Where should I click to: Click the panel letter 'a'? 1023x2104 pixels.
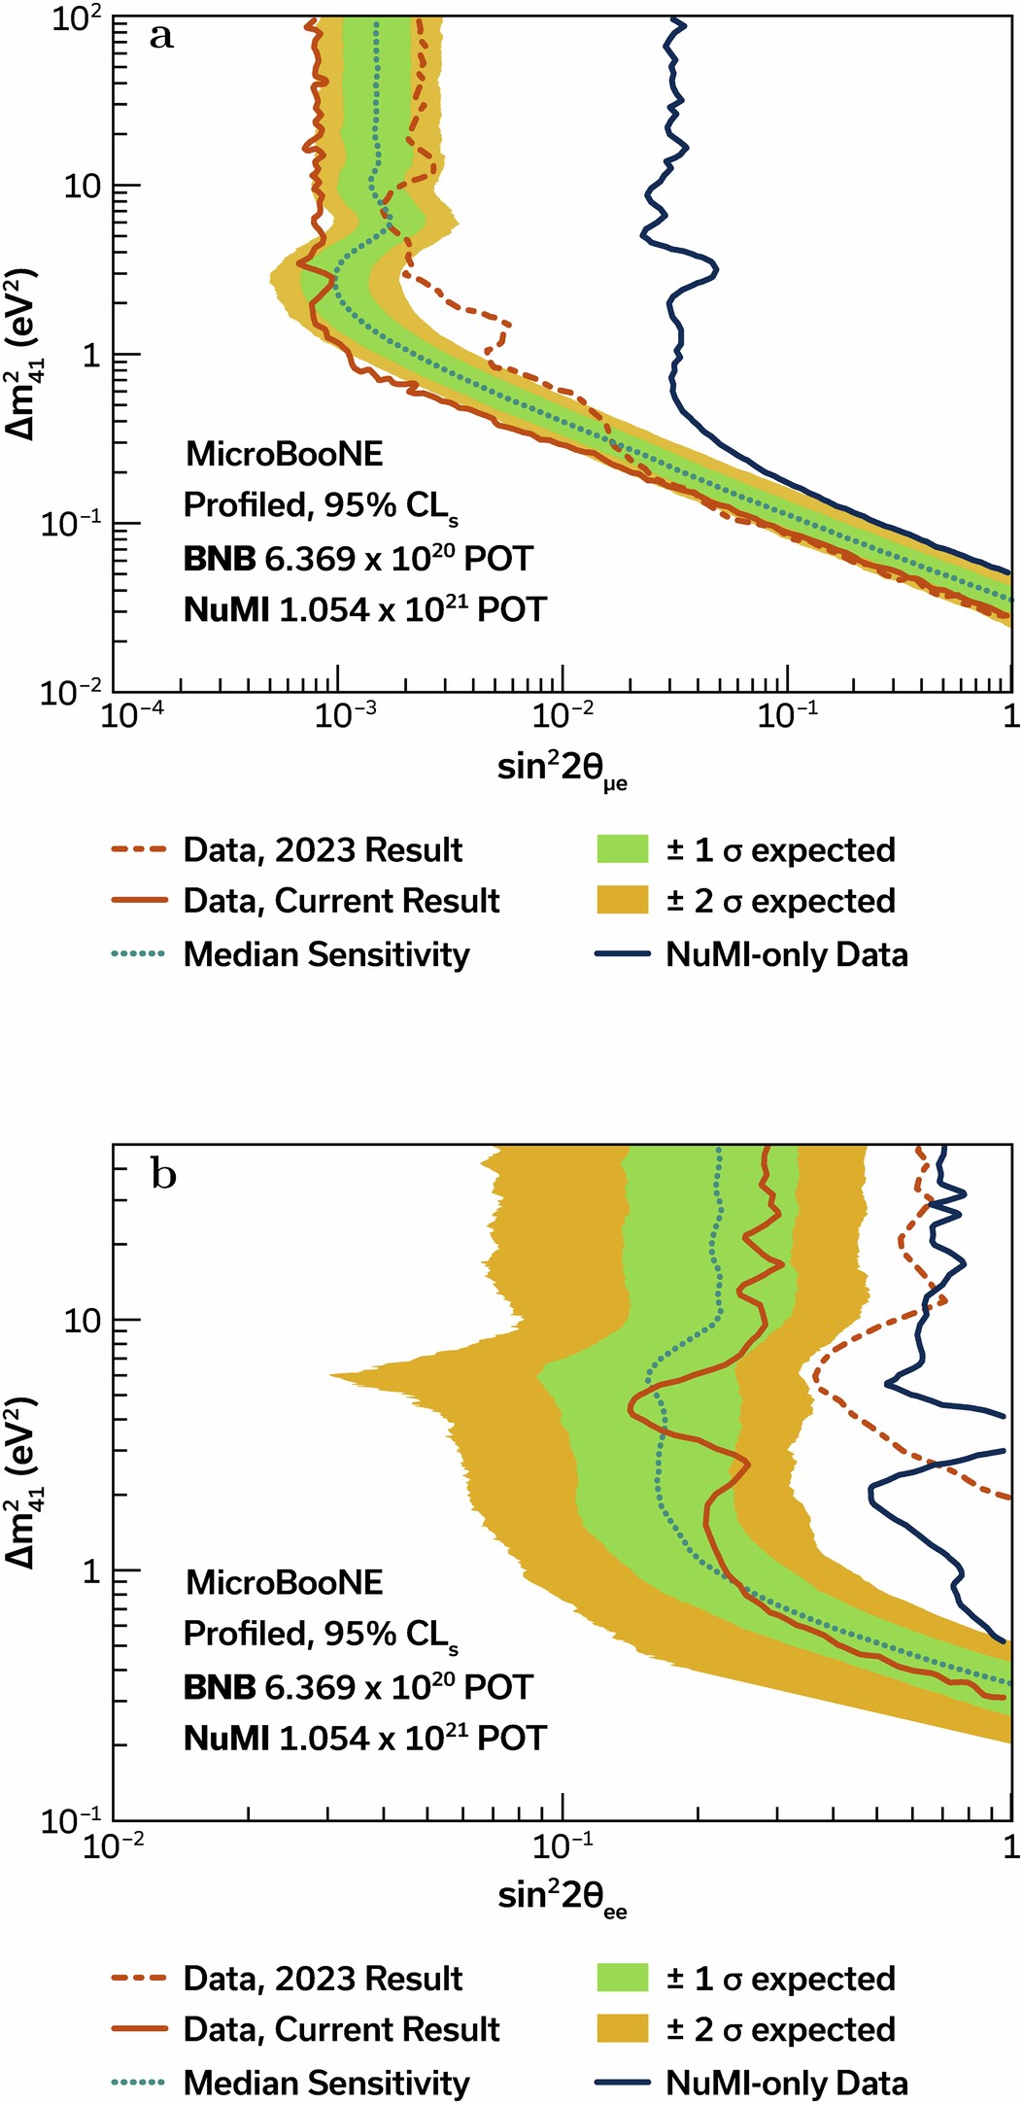point(161,37)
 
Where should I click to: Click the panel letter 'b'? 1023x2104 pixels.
point(163,1175)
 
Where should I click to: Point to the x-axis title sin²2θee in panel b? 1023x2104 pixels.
point(562,1896)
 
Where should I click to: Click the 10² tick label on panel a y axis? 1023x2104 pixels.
point(78,19)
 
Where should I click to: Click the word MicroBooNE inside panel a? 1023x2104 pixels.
point(284,454)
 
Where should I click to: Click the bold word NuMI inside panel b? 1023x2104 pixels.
point(225,1738)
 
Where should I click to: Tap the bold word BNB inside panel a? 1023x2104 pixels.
point(220,559)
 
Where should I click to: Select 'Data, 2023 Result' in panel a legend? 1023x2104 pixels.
point(323,850)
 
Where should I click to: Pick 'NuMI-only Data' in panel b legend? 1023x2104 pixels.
point(786,2083)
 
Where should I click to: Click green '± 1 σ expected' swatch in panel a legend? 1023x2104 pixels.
point(622,849)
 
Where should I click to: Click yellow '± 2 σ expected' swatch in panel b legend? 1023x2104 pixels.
point(622,2029)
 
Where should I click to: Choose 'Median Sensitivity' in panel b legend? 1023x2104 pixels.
point(326,2083)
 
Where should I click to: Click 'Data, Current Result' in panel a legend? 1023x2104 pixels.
point(341,901)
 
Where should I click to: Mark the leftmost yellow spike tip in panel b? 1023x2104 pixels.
point(330,1375)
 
